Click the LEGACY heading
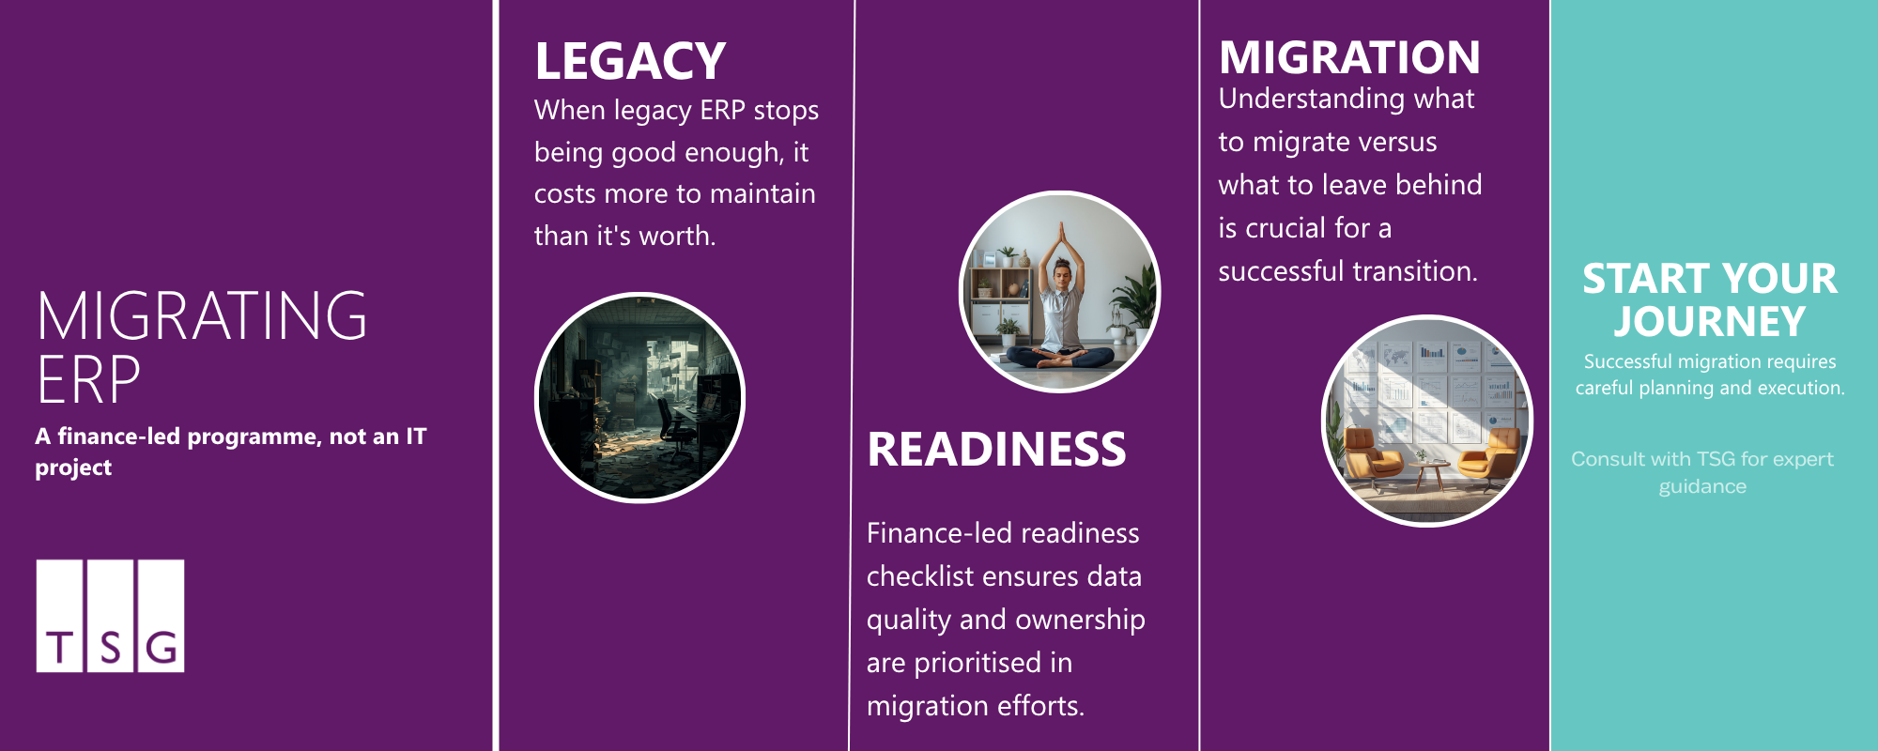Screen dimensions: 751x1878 point(630,62)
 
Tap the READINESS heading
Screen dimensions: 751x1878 point(996,450)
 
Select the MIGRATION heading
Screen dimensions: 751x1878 point(1349,58)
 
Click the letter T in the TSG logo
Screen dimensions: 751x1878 point(60,648)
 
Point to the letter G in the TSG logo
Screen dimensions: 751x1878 point(162,648)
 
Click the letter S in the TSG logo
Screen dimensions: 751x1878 point(111,648)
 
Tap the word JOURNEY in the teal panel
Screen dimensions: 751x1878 point(1709,322)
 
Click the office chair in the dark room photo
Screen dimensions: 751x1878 point(674,422)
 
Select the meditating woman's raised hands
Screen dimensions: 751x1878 point(1061,235)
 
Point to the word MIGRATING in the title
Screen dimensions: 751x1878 point(202,316)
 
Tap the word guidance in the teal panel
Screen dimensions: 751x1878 point(1701,486)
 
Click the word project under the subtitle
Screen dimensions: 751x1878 point(73,467)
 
